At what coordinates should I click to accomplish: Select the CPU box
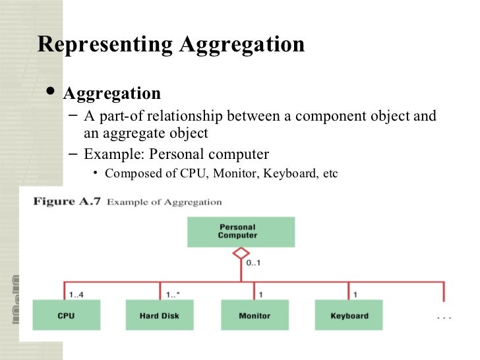[x=66, y=315]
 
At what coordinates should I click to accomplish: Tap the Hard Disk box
[x=160, y=315]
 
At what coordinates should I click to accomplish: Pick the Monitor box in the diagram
[x=255, y=315]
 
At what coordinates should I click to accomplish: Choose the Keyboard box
[x=349, y=315]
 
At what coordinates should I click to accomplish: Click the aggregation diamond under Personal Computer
[x=241, y=253]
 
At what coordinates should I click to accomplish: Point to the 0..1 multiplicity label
[x=254, y=264]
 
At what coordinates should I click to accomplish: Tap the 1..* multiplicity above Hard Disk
[x=174, y=294]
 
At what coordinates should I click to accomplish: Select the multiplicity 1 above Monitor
[x=261, y=294]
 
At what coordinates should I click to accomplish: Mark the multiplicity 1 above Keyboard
[x=355, y=294]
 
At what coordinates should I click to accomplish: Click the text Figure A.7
[x=67, y=202]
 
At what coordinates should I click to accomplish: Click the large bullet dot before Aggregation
[x=51, y=92]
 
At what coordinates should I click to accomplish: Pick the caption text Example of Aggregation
[x=164, y=202]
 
